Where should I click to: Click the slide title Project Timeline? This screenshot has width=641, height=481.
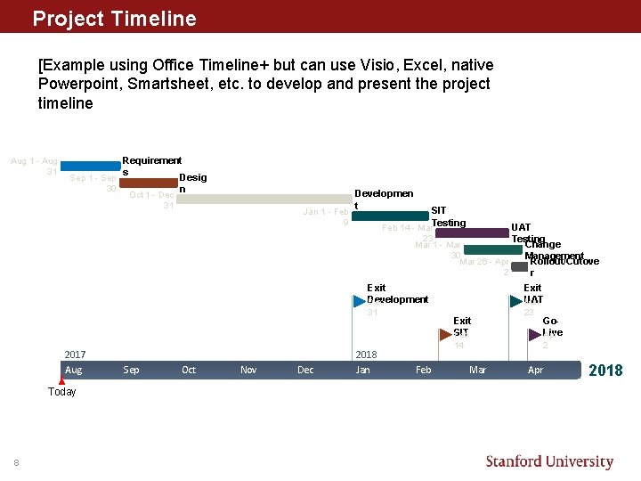coord(114,18)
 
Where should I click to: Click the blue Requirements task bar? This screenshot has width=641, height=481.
coord(90,166)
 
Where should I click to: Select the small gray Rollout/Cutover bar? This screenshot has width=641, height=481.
coord(519,266)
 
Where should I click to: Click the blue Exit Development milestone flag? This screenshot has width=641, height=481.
coord(360,301)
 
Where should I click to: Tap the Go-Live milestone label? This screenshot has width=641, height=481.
coord(552,326)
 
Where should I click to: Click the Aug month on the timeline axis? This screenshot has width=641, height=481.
coord(74,370)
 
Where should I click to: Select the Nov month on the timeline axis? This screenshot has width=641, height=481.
coord(248,370)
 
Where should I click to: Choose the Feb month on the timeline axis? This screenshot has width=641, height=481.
coord(423,370)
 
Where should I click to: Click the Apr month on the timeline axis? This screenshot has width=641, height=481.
coord(535,370)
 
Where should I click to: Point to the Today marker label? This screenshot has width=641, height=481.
coord(62,392)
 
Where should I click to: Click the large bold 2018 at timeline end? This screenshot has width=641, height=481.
coord(605,370)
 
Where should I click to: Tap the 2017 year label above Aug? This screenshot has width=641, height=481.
coord(75,355)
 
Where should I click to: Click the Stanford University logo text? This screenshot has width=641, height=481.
coord(549,461)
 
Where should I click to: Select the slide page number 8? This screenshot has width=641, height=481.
coord(16,461)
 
